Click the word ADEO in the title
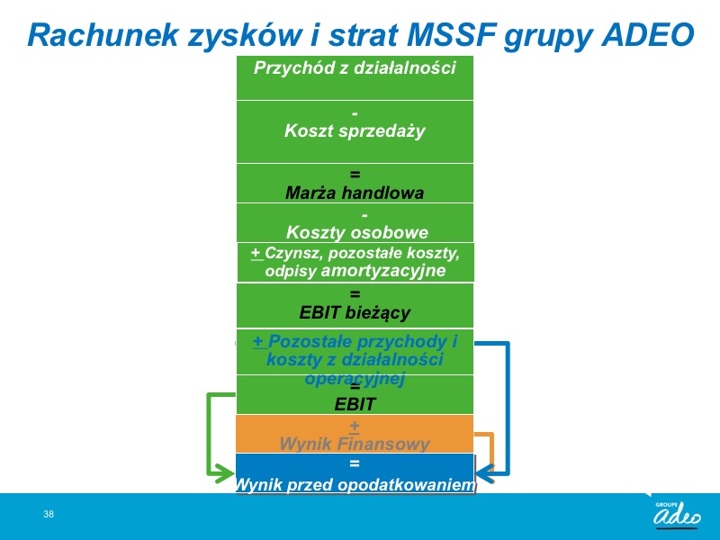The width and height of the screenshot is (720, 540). tap(647, 35)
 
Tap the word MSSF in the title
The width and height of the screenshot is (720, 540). tap(449, 35)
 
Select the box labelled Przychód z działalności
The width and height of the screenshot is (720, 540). tap(355, 77)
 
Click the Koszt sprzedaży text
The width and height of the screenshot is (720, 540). tap(355, 130)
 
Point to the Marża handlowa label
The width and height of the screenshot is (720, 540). tap(355, 193)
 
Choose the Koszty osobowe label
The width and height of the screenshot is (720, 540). tap(356, 232)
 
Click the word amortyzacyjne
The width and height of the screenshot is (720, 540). tap(383, 271)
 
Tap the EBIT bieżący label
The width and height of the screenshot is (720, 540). tap(355, 312)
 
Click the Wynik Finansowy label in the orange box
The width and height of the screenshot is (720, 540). tap(354, 444)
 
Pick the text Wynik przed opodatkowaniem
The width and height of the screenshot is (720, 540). tap(355, 485)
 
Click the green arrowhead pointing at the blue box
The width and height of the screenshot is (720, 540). tap(226, 473)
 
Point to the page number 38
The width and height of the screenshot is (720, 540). tap(49, 514)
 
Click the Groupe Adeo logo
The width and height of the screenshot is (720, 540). tap(677, 513)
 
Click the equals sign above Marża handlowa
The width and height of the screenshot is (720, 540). tap(355, 175)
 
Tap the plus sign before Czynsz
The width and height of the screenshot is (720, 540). tap(256, 253)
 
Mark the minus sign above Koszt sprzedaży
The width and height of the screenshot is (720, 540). tap(355, 113)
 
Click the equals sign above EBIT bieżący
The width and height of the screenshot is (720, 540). tap(355, 294)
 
